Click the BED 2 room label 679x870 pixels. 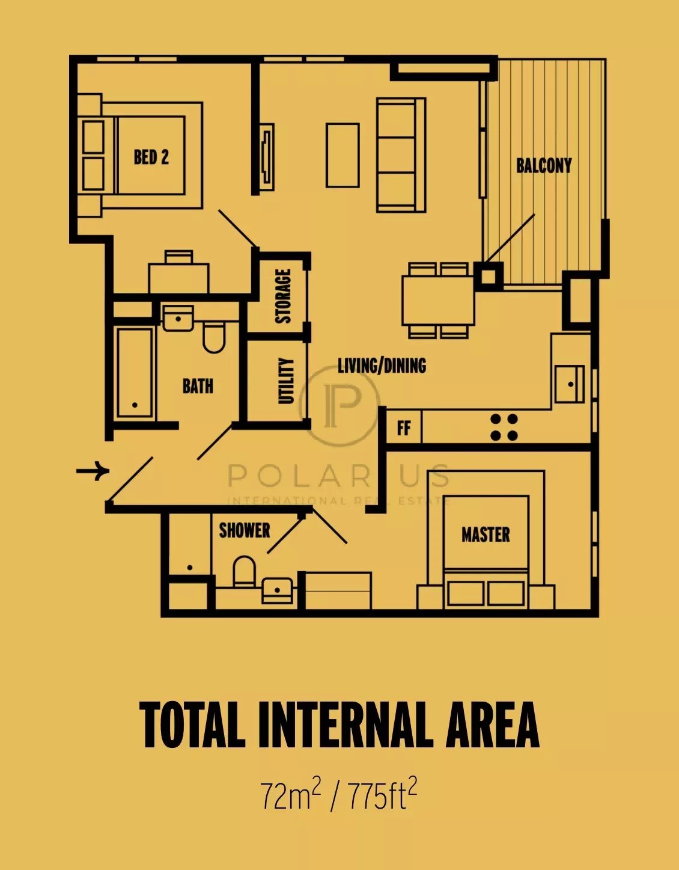(151, 157)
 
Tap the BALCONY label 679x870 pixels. (544, 166)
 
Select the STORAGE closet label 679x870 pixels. (283, 296)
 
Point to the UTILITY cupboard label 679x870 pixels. (285, 381)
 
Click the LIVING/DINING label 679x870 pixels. (382, 366)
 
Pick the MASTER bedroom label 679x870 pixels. (486, 535)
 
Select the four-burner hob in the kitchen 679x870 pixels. (504, 427)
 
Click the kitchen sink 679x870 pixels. (570, 384)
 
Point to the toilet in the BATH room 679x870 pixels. (214, 338)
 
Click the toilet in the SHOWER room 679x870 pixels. (244, 572)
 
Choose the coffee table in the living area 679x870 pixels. (343, 155)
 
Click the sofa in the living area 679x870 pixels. (401, 155)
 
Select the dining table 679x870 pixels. (438, 300)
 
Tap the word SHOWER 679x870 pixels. (245, 530)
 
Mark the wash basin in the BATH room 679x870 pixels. (178, 319)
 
